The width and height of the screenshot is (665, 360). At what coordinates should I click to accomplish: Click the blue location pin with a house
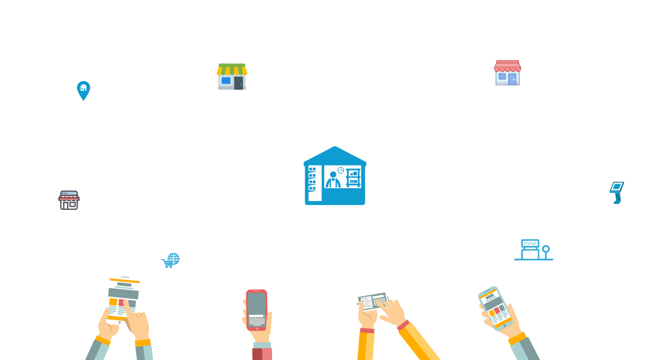84,90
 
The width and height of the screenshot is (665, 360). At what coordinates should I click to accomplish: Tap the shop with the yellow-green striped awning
232,76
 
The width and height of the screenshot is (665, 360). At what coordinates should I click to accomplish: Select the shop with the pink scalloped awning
508,73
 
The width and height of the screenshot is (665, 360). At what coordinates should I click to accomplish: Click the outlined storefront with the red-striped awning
69,200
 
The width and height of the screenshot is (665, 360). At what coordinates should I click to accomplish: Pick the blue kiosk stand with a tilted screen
617,193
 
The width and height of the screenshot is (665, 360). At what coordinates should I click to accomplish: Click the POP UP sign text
530,243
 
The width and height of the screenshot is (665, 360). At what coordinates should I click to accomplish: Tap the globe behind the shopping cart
174,259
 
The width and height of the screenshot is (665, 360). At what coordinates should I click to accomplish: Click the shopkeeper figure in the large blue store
333,179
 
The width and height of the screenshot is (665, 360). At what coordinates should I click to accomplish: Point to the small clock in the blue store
340,170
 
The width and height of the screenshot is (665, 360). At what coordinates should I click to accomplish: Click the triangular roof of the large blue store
335,156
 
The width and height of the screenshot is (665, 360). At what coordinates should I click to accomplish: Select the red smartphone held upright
257,310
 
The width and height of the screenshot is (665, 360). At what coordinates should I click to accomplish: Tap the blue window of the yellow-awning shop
226,80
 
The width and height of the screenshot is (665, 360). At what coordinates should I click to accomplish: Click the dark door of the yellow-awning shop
238,83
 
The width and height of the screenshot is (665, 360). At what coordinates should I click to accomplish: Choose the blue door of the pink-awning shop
512,79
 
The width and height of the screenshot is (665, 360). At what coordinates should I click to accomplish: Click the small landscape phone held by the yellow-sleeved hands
373,301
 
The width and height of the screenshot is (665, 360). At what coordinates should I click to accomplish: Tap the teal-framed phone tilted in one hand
495,308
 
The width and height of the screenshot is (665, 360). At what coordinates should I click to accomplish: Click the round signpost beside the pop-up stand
546,252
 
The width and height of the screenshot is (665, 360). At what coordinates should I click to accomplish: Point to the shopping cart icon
167,263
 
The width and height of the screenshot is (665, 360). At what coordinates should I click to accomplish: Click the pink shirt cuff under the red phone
262,354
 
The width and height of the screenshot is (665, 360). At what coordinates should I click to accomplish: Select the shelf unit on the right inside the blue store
354,178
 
